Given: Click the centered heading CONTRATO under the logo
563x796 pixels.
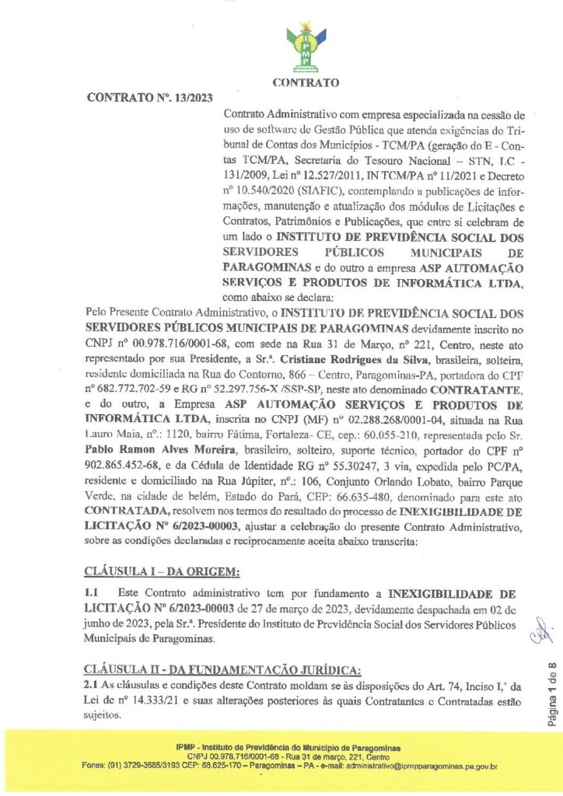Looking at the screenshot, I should tap(306, 82).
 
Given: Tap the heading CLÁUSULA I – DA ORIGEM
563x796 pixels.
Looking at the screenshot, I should tap(163, 572).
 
